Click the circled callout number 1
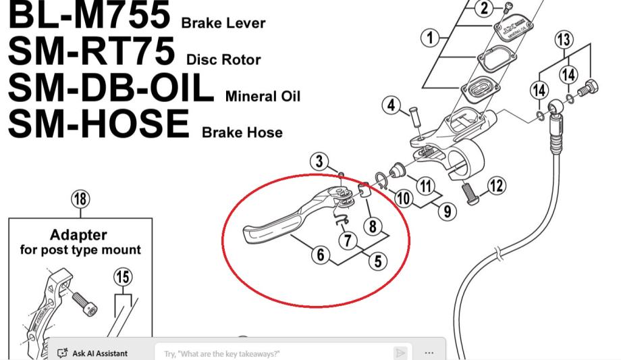pyautogui.click(x=430, y=38)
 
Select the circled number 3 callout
pyautogui.click(x=320, y=162)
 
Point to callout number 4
pyautogui.click(x=391, y=105)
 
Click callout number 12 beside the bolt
pyautogui.click(x=495, y=186)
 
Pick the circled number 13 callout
pyautogui.click(x=564, y=40)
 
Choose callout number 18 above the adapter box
pyautogui.click(x=80, y=199)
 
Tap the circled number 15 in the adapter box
pyautogui.click(x=123, y=277)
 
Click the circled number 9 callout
pyautogui.click(x=446, y=211)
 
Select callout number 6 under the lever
pyautogui.click(x=320, y=255)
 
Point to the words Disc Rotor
pyautogui.click(x=223, y=59)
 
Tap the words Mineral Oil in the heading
pyautogui.click(x=263, y=96)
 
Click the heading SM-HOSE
pyautogui.click(x=99, y=123)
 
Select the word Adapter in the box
pyautogui.click(x=79, y=235)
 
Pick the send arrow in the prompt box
pyautogui.click(x=400, y=353)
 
